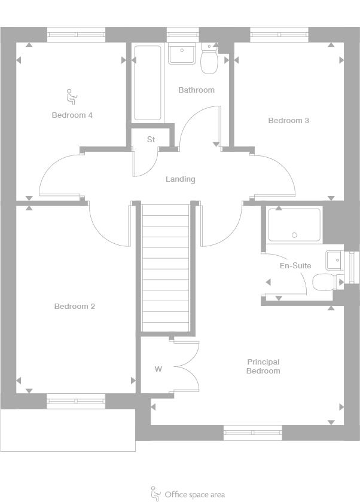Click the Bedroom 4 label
coord(72,115)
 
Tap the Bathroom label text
coord(196,90)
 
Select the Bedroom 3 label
coord(289,120)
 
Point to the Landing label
coord(181,179)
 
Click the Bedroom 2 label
coord(75,307)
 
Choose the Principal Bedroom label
coord(263,366)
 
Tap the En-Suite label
coord(295,265)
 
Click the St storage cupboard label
coord(151,139)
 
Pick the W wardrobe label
coord(158,369)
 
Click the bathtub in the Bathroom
coord(147,83)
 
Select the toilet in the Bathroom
coord(209,59)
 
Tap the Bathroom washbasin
coord(182,54)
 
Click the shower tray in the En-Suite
coord(294,225)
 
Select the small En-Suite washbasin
coord(334,261)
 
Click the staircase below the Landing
coord(166,268)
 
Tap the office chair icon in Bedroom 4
coord(72,97)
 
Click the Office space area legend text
coord(195,495)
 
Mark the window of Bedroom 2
coord(76,401)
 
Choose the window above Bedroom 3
coord(279,35)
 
